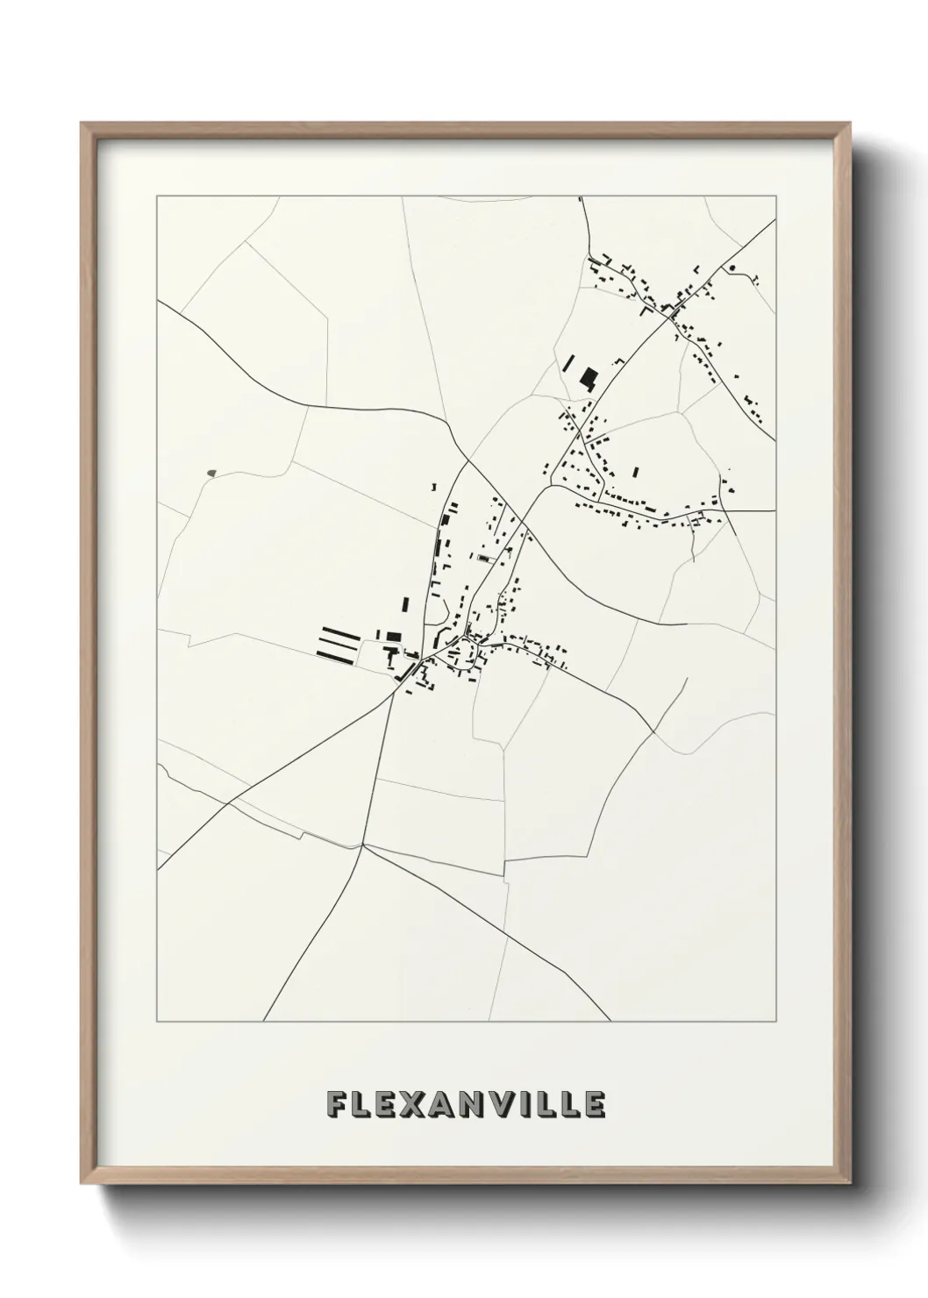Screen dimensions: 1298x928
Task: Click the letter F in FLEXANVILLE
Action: (335, 1105)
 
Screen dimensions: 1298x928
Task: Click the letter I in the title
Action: (528, 1105)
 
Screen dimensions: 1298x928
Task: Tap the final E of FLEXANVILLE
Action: (595, 1105)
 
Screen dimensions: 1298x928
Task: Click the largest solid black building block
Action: (589, 379)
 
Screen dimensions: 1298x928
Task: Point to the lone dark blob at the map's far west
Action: (211, 474)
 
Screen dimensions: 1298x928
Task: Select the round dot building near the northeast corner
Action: (732, 267)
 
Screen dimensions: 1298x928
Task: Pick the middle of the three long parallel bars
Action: (339, 641)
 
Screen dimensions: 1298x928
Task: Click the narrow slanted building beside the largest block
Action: (568, 364)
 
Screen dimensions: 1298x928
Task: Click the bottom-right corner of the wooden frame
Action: (849, 1185)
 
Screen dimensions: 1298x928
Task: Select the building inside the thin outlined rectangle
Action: (482, 557)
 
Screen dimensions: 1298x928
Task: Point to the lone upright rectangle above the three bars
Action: (405, 604)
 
